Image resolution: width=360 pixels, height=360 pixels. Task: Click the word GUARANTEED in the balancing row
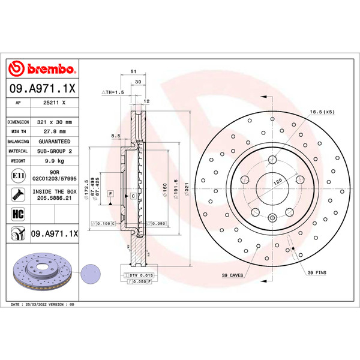(x=53, y=141)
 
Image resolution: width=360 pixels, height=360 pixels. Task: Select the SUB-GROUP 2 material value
(x=53, y=151)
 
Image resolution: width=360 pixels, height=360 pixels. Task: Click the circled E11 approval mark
(x=18, y=175)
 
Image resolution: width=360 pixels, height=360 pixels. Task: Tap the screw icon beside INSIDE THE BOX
(x=18, y=194)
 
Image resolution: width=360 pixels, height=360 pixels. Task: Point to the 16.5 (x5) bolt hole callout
(x=322, y=112)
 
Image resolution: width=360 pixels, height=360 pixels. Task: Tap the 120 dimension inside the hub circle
(x=278, y=181)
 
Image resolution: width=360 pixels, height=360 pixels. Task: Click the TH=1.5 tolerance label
(x=112, y=92)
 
